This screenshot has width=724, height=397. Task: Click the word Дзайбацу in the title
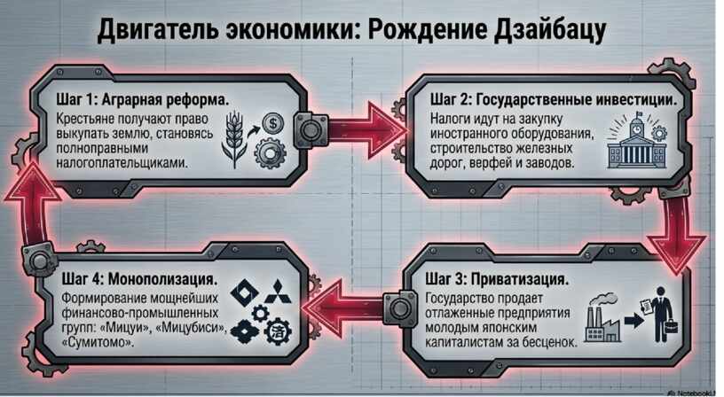click(549, 30)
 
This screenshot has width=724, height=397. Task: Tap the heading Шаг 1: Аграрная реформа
click(143, 99)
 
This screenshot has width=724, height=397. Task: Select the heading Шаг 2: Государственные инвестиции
click(554, 99)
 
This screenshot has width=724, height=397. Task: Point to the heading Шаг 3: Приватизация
click(497, 279)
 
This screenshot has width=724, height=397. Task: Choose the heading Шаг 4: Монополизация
click(139, 279)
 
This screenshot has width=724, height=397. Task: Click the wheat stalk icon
click(234, 139)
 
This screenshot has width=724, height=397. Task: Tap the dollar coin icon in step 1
click(273, 123)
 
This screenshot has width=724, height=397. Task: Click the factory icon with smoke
click(602, 317)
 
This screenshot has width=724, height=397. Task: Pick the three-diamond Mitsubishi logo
click(279, 292)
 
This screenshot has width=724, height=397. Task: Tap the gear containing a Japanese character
click(278, 331)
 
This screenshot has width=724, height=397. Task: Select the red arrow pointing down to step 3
click(676, 233)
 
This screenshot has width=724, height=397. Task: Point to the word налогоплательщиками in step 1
click(122, 163)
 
